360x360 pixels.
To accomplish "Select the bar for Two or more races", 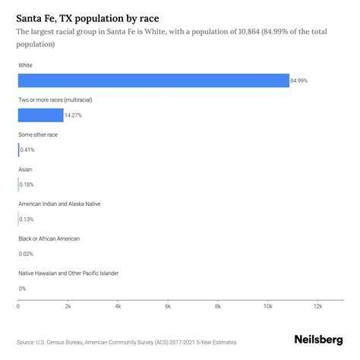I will coord(41,115).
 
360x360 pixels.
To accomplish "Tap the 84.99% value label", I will coord(299,81).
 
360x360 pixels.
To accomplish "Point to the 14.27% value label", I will coord(73,115).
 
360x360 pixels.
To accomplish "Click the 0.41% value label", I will coord(27,150).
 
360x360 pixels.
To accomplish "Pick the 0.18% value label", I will coord(27,185).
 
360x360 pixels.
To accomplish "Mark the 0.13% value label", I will coord(27,219).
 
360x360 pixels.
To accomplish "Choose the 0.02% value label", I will coord(27,254).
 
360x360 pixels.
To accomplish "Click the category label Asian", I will coord(25,169).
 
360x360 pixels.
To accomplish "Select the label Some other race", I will coord(38,134).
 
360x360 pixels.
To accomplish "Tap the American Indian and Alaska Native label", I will coord(59,204).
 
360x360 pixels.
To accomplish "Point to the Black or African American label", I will coord(49,238).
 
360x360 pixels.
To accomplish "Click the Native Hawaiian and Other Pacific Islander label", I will coord(68,273).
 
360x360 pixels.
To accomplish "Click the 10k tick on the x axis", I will coord(267,307).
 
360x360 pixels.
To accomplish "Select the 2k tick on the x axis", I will coord(68,307).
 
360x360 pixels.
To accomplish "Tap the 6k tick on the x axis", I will coord(168,307).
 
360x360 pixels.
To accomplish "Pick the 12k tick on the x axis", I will coord(317,307).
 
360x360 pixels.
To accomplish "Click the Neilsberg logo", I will coord(317,341).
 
